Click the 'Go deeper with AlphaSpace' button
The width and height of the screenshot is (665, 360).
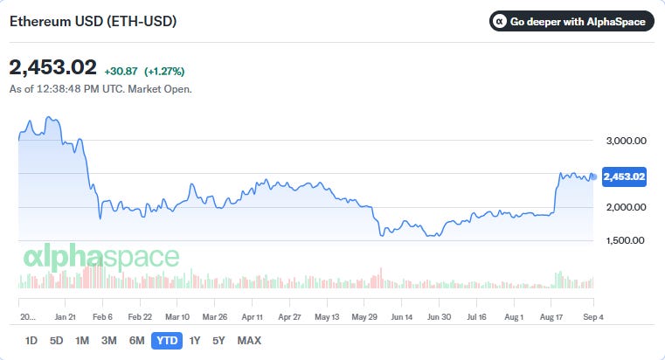(x=571, y=21)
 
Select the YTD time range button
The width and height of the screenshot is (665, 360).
(x=167, y=341)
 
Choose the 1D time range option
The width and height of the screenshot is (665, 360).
(x=31, y=341)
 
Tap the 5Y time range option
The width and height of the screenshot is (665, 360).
(x=218, y=341)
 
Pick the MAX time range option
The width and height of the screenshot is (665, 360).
(x=249, y=341)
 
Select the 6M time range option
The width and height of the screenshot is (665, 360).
(x=136, y=341)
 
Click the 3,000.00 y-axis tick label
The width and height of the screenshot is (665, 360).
(x=626, y=141)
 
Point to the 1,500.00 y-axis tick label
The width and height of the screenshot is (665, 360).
(x=626, y=240)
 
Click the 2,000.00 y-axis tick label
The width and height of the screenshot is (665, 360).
(x=626, y=207)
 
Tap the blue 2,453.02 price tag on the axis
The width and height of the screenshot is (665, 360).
(x=624, y=177)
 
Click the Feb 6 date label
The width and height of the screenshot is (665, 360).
(x=102, y=317)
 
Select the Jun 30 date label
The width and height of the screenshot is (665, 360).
(x=439, y=317)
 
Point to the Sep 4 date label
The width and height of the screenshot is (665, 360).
(x=592, y=317)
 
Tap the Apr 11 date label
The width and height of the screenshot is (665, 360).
(x=253, y=317)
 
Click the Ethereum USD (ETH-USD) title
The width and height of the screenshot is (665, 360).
(x=93, y=21)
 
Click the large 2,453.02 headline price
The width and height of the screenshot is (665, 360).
(x=53, y=67)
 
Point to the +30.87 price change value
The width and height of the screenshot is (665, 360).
(x=121, y=72)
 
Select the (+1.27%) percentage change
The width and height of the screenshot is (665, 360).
(x=164, y=72)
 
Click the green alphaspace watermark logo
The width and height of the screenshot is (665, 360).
(x=101, y=257)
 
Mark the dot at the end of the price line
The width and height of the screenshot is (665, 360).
(x=593, y=177)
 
